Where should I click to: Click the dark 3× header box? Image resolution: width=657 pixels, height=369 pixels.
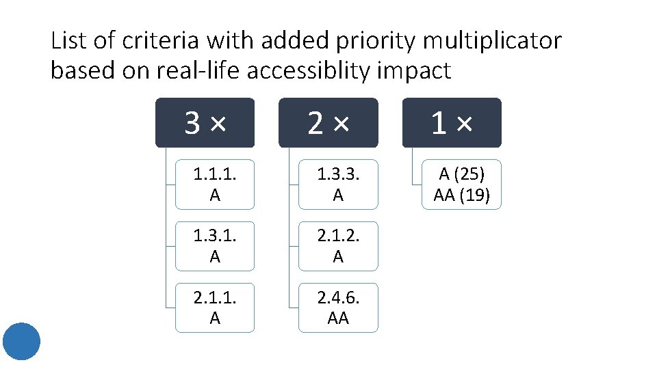[x=205, y=123]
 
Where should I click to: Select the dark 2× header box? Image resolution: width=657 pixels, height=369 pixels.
[x=328, y=123]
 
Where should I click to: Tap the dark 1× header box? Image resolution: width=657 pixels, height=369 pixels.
[x=451, y=123]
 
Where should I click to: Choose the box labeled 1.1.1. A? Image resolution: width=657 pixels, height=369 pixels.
[x=215, y=184]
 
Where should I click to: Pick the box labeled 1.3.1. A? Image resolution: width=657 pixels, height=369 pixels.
[x=215, y=246]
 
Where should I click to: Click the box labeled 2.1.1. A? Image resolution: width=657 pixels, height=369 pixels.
[x=215, y=307]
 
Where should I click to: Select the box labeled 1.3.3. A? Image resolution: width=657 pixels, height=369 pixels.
[x=338, y=184]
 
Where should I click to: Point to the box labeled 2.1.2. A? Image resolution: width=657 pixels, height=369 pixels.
[x=338, y=246]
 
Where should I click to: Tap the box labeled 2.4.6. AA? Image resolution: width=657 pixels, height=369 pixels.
[x=338, y=307]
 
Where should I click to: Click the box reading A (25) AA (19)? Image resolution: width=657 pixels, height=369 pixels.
[x=461, y=184]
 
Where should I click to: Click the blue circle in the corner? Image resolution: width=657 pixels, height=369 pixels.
[x=21, y=341]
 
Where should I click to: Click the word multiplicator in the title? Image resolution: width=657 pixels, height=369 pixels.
[x=492, y=41]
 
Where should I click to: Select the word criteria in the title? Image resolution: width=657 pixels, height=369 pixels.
[x=163, y=41]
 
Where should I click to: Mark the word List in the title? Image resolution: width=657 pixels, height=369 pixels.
[x=69, y=41]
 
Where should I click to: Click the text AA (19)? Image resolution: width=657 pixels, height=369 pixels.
[x=461, y=195]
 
